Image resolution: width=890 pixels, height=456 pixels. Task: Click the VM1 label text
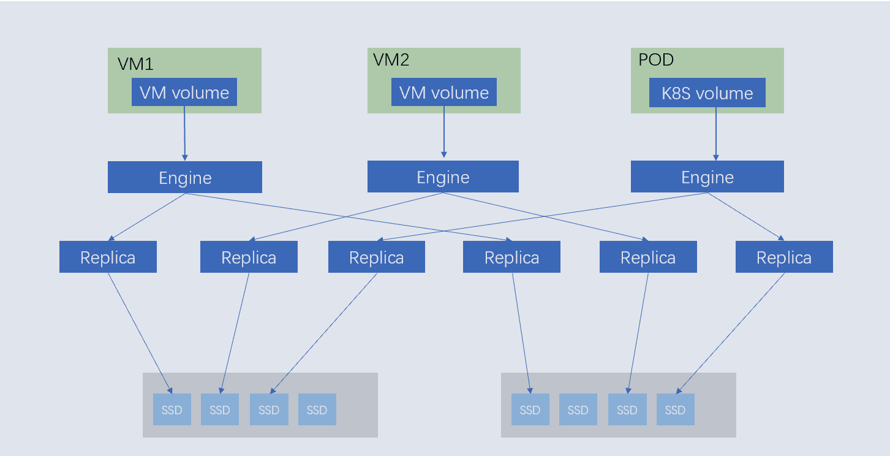tap(135, 64)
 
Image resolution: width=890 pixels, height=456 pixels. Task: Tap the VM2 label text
tap(391, 59)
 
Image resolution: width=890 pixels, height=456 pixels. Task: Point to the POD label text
tap(656, 59)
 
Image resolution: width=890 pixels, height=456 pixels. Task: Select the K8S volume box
tap(707, 93)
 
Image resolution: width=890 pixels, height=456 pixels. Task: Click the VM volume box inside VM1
tap(184, 92)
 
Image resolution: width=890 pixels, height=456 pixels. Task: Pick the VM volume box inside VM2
tap(444, 92)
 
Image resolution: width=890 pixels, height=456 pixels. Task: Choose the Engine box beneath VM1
tap(185, 177)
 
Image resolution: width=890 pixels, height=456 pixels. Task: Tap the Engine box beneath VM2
tap(443, 177)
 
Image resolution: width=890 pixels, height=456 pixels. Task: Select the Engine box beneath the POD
tap(707, 177)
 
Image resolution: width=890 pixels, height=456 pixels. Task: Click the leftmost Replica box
tap(108, 257)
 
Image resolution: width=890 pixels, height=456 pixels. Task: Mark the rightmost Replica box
tap(784, 257)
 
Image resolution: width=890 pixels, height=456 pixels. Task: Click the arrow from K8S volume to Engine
tap(716, 134)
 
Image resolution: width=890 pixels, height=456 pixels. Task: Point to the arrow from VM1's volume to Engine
tap(184, 134)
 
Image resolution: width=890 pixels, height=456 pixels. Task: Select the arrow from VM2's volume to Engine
tap(444, 132)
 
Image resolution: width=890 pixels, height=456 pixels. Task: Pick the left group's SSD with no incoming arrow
tap(317, 409)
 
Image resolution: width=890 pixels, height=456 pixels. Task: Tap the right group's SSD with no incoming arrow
tap(578, 409)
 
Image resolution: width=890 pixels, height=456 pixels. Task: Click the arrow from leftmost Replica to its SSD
tap(140, 333)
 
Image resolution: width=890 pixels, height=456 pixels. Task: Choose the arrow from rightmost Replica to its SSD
tap(730, 333)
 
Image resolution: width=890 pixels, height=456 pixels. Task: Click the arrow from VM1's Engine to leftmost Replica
tap(147, 217)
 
